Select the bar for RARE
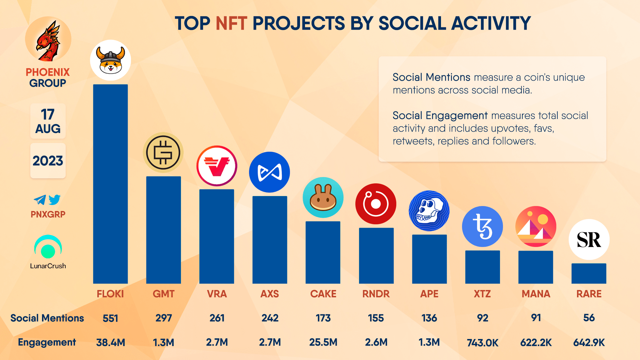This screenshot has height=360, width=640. coord(589,274)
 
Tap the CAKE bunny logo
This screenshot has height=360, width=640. coord(323,198)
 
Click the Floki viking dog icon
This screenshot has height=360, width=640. coord(110,60)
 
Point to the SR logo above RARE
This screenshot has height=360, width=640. coord(589,240)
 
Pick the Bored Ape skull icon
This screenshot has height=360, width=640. coord(429,211)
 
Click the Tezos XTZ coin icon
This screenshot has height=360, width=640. coord(482,227)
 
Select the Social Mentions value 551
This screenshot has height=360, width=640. coord(110,318)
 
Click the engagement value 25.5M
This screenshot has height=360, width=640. coord(323,342)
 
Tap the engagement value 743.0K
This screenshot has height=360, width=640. coord(482,343)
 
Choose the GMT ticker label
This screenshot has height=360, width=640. coord(163,294)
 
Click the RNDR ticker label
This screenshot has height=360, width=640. coord(376,294)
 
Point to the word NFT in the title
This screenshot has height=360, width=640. coord(231,23)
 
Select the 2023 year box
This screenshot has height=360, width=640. coord(48,161)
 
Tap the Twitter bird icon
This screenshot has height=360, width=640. coord(55,199)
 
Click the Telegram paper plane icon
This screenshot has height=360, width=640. coord(40,200)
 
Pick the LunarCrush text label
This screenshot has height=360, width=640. coord(48,266)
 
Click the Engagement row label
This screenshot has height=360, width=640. coord(47,342)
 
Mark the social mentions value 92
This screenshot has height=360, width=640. coord(482,318)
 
